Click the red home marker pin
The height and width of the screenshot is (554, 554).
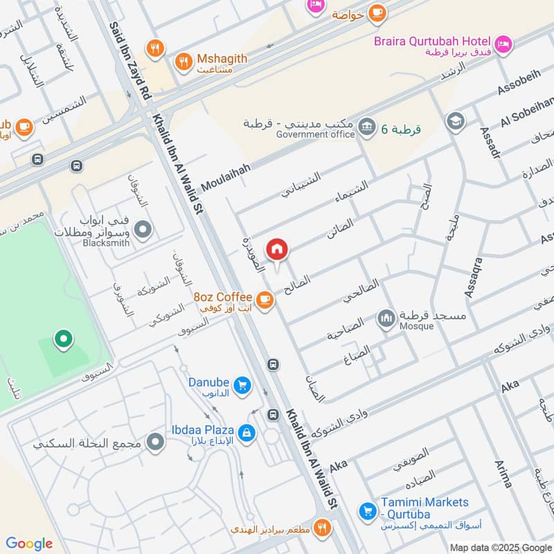tap(277, 249)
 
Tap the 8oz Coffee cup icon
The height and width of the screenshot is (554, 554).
tap(264, 299)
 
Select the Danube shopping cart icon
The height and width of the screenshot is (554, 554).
tap(242, 385)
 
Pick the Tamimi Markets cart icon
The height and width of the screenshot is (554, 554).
tap(368, 511)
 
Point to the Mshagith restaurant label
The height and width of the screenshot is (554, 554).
tap(221, 60)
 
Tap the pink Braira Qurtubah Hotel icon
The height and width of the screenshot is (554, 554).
tap(503, 43)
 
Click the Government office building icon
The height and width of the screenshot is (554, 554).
tap(367, 126)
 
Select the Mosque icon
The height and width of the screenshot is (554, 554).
tap(386, 319)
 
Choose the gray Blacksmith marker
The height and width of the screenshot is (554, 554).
tap(143, 229)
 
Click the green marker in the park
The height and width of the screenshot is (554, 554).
tap(64, 339)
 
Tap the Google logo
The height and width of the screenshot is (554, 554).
tap(29, 544)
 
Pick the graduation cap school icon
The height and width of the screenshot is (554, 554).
tap(456, 121)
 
